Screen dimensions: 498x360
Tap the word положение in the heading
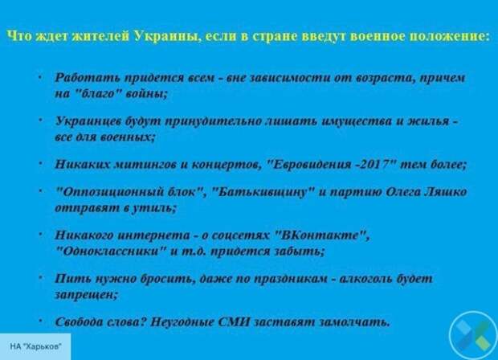tap(449, 36)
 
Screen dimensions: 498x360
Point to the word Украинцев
tap(87, 121)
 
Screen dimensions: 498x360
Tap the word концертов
tap(225, 165)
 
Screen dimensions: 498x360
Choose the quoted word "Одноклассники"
tap(111, 252)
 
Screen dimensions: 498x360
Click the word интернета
tap(153, 235)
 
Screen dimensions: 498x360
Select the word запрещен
tap(85, 296)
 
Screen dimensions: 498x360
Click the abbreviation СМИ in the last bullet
tap(234, 322)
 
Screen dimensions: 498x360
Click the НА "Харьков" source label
tap(35, 346)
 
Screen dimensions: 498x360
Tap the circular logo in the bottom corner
tap(473, 335)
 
